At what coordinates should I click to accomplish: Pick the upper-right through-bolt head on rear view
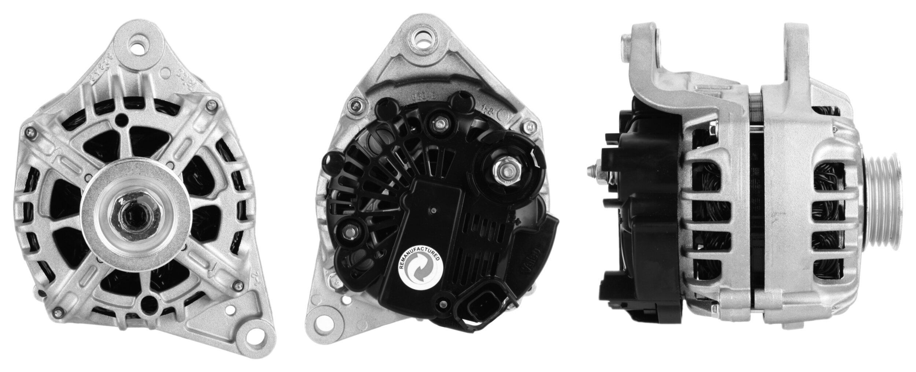coord(528,127)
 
